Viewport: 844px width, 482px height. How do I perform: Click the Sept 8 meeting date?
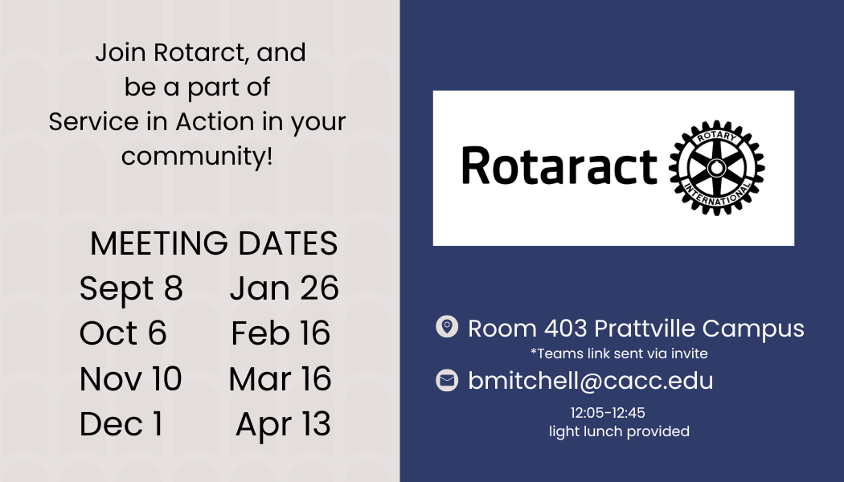pos(131,289)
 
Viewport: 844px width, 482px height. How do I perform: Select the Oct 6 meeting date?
pos(123,333)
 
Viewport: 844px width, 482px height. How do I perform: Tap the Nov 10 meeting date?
pos(130,378)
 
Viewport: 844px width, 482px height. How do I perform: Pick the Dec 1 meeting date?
pos(121,424)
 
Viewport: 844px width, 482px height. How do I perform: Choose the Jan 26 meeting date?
pos(285,288)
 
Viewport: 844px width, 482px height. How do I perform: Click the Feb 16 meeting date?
pos(281,333)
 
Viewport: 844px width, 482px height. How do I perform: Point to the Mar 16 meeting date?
pos(280,378)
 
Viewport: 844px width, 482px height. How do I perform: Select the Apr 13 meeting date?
pos(283,425)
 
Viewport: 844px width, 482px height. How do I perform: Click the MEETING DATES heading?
pos(214,243)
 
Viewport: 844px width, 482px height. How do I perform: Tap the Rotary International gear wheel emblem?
pos(716,168)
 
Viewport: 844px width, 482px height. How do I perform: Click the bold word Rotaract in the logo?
pos(559,165)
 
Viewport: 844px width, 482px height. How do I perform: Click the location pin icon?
pos(447,326)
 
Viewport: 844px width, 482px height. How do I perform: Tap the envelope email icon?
pos(447,380)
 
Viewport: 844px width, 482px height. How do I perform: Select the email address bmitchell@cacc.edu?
pos(591,381)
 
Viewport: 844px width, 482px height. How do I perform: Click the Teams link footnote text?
pos(619,353)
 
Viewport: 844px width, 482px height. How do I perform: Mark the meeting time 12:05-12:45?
pos(608,413)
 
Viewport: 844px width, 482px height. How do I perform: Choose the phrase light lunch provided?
pos(619,431)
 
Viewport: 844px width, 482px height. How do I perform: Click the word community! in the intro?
pos(197,157)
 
